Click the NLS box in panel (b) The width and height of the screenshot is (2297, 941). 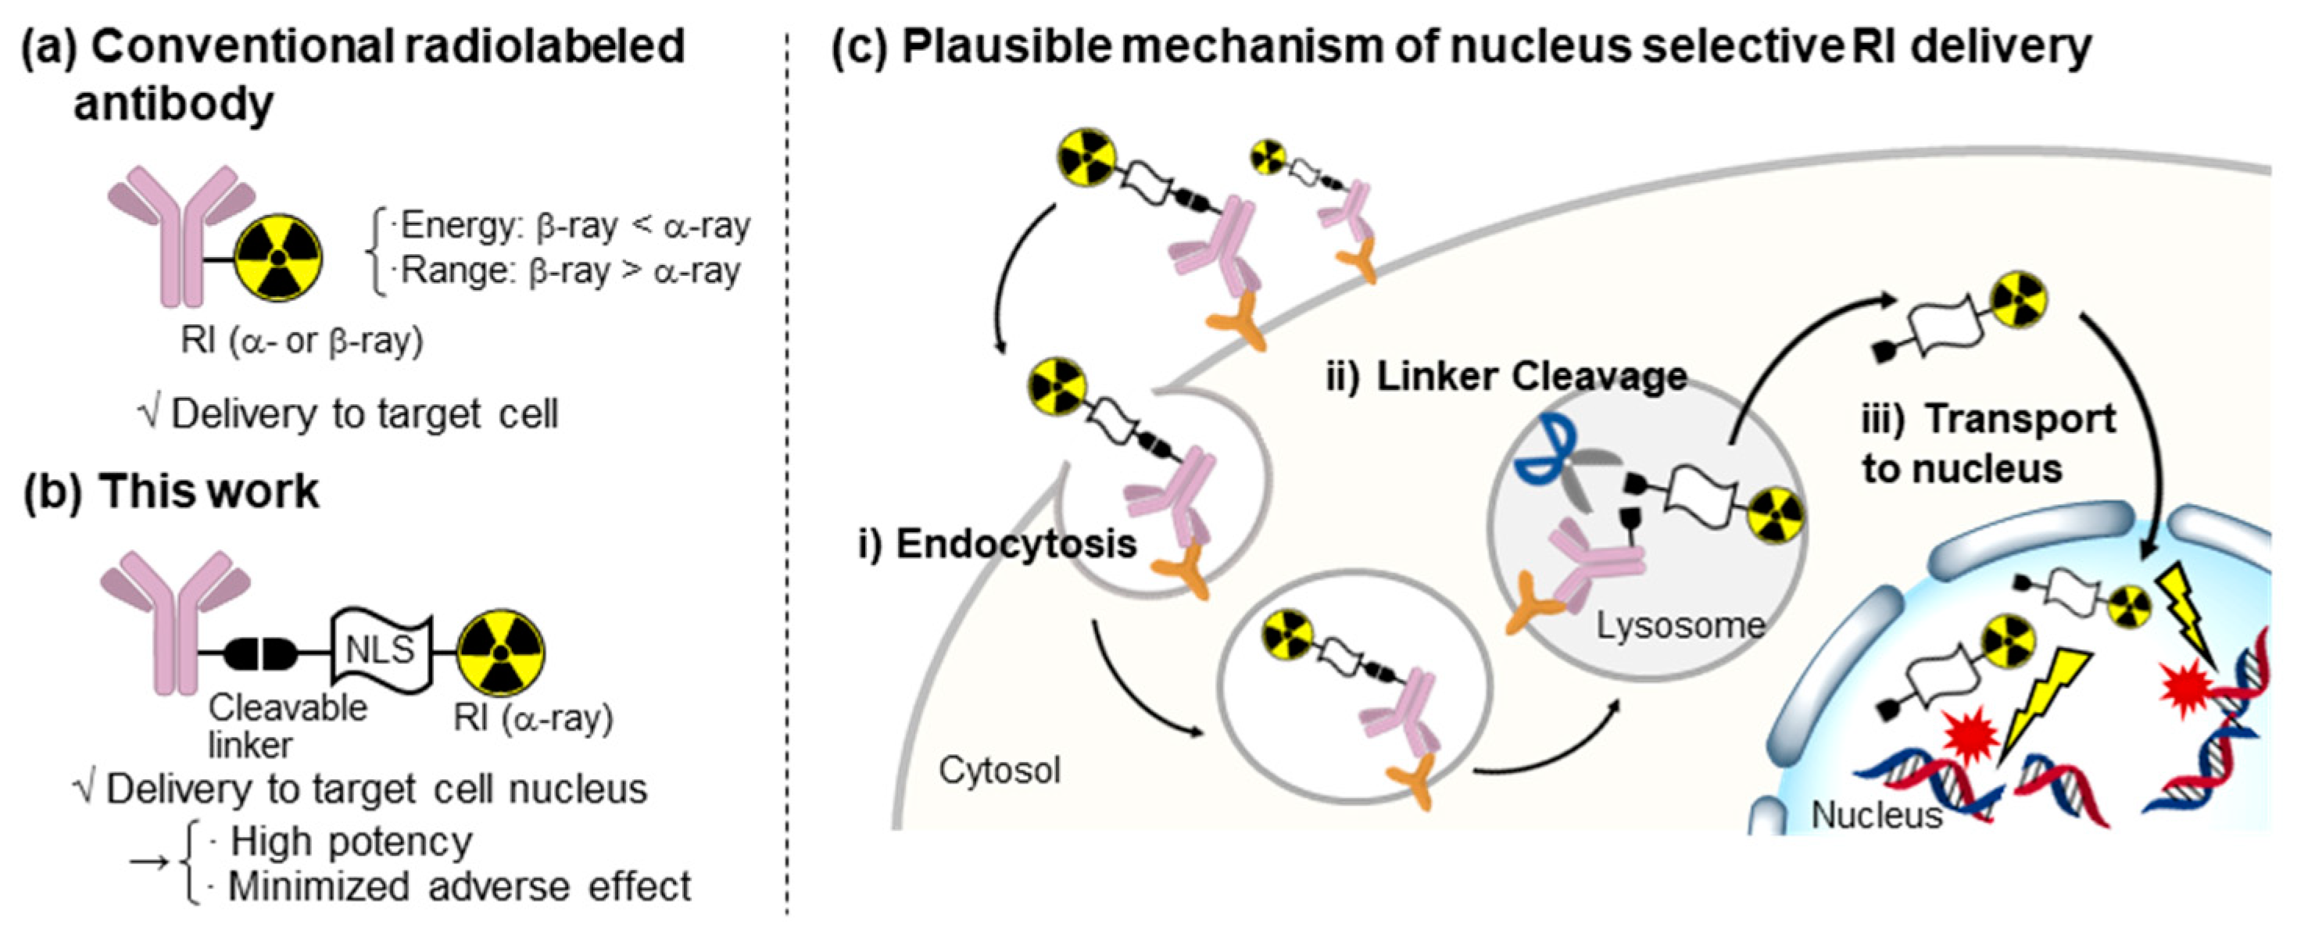click(381, 651)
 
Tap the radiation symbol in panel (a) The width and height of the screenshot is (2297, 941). click(278, 259)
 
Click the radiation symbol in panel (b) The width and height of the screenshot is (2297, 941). click(501, 652)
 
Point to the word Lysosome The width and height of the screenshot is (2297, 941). click(1680, 625)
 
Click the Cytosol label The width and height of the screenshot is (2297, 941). click(999, 770)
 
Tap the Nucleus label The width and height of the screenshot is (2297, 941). click(1876, 814)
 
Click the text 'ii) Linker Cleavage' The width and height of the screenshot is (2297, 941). click(1506, 377)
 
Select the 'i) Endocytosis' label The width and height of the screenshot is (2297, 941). click(997, 544)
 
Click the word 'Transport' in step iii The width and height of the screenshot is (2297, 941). click(2020, 419)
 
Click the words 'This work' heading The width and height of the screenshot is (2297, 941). click(209, 492)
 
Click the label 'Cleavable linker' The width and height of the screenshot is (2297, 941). click(287, 725)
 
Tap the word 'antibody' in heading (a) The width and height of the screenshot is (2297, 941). click(173, 105)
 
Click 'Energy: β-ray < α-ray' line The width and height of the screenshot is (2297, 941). click(575, 227)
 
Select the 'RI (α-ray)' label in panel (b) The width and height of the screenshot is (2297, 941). click(533, 718)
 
